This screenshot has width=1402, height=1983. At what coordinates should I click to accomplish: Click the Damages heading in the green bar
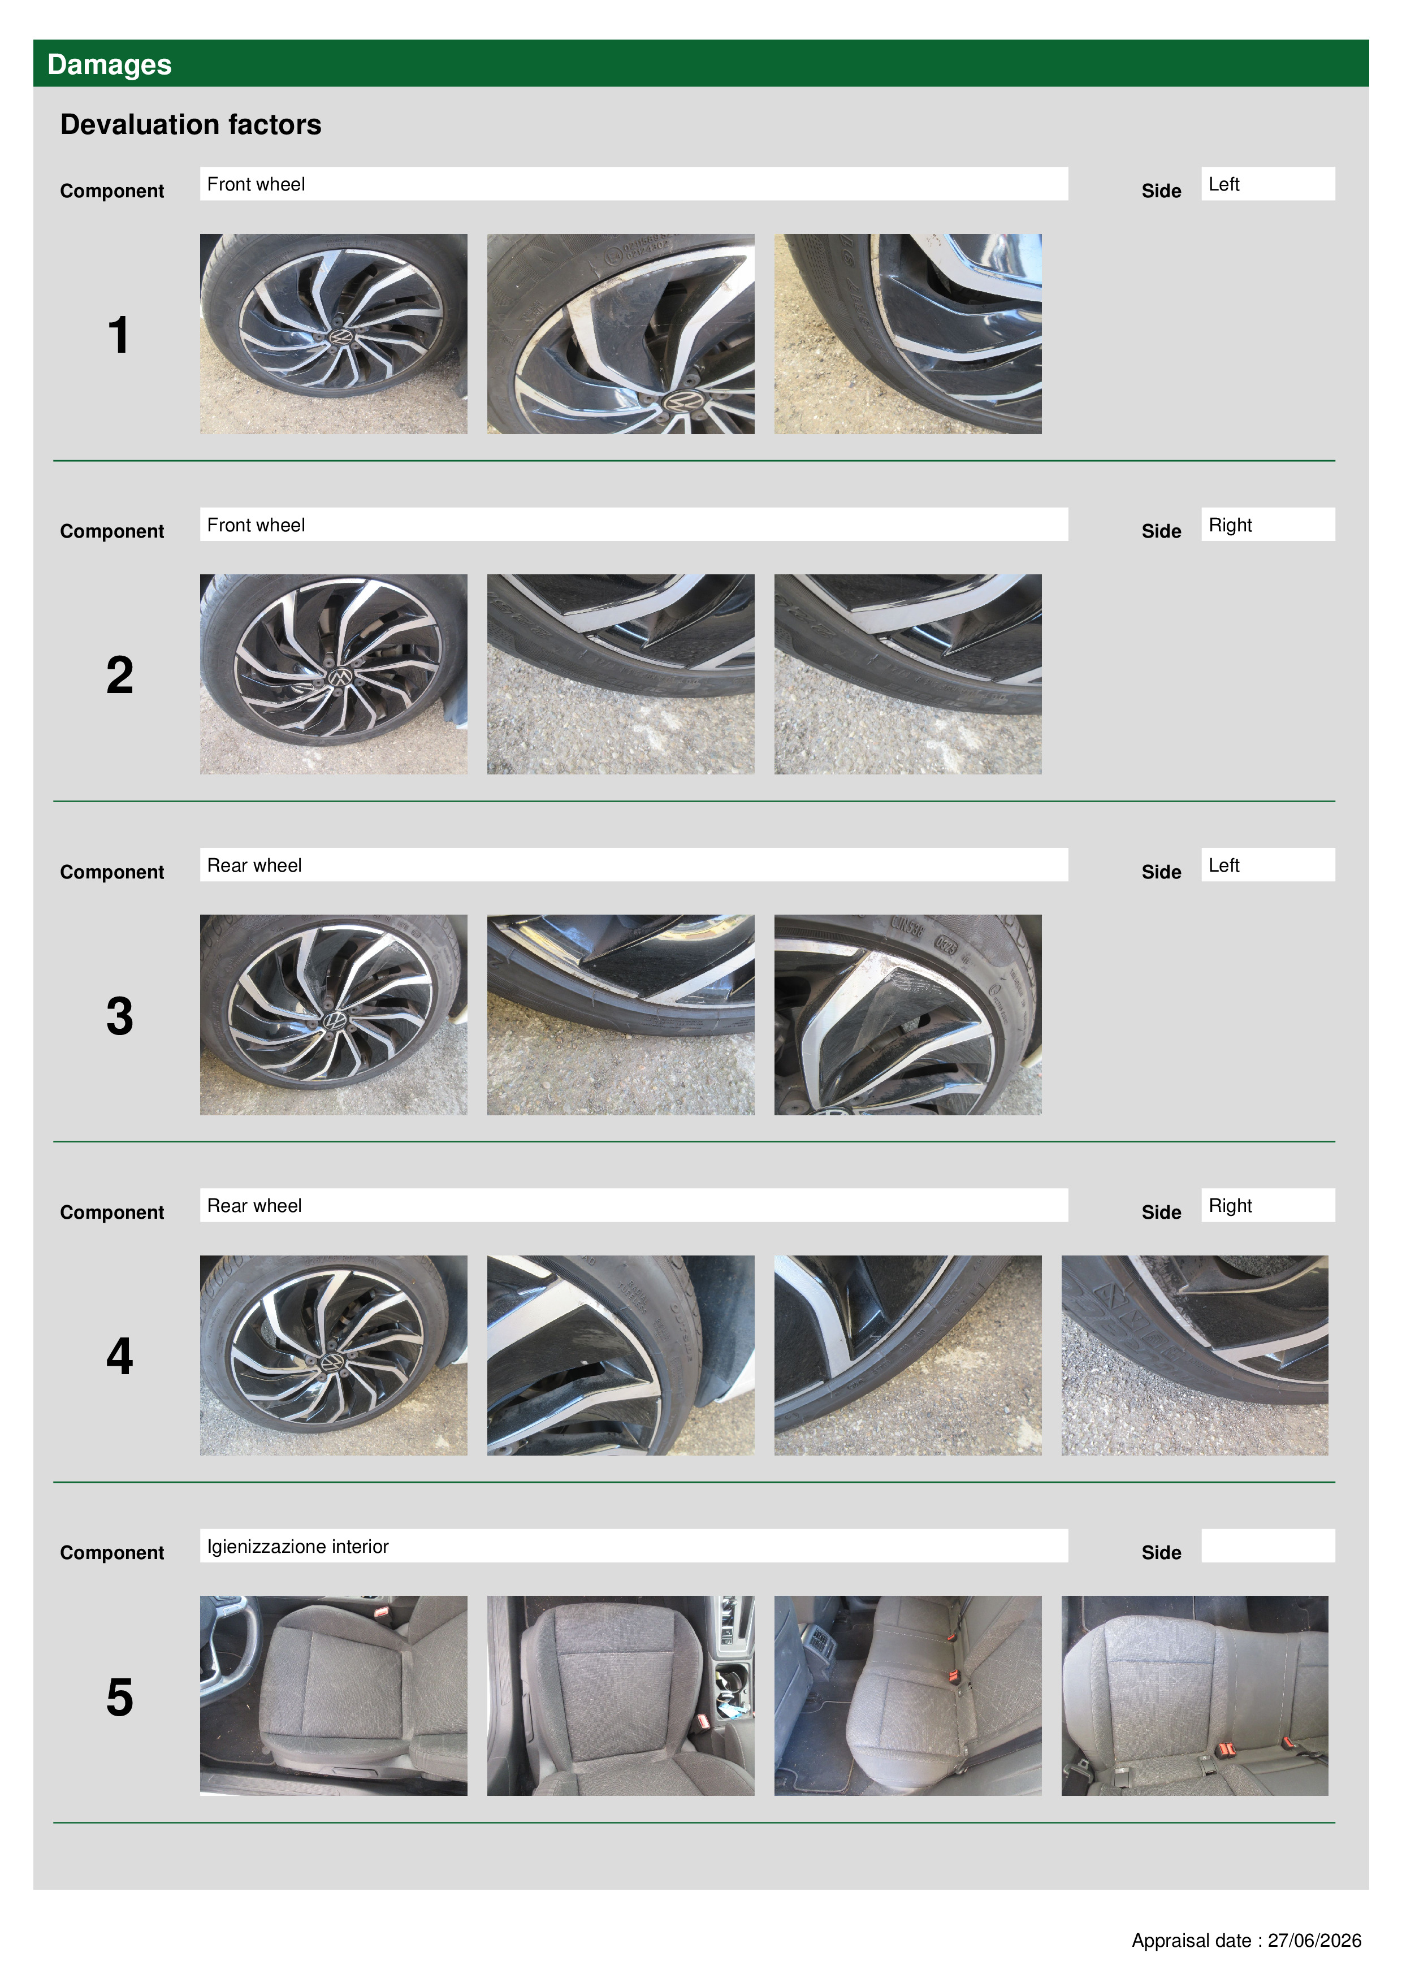pyautogui.click(x=109, y=65)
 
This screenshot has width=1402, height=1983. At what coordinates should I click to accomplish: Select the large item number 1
pyautogui.click(x=118, y=335)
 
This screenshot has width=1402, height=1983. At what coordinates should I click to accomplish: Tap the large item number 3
pyautogui.click(x=119, y=1016)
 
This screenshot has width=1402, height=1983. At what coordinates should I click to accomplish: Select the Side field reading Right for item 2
pyautogui.click(x=1267, y=524)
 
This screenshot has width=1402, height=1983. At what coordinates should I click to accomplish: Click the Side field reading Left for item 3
pyautogui.click(x=1267, y=864)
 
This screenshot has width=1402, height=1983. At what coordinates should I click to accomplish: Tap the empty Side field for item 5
pyautogui.click(x=1267, y=1546)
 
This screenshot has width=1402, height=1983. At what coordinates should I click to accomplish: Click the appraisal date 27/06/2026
pyautogui.click(x=1314, y=1941)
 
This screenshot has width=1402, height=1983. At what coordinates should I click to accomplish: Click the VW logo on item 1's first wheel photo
pyautogui.click(x=342, y=336)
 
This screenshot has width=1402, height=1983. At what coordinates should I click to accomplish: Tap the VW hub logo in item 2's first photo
pyautogui.click(x=340, y=678)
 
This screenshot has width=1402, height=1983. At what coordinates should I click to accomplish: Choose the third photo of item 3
pyautogui.click(x=908, y=1015)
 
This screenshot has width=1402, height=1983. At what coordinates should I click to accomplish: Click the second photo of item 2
pyautogui.click(x=620, y=674)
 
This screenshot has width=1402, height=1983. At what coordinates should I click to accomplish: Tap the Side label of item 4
pyautogui.click(x=1161, y=1213)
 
